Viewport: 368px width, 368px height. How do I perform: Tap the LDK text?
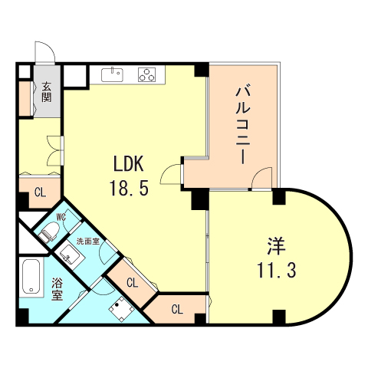tap(130, 165)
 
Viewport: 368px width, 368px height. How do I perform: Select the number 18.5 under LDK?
tap(130, 188)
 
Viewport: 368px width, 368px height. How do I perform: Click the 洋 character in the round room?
tap(276, 246)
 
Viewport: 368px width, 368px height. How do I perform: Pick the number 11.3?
tap(276, 270)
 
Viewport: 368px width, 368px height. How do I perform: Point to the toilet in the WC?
tap(51, 231)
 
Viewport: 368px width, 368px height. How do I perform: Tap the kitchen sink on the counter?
tap(113, 74)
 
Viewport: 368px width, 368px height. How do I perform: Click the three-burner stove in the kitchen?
tap(148, 74)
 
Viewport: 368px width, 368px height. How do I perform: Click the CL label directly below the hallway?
tap(39, 192)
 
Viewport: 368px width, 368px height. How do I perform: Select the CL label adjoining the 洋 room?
tap(176, 310)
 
